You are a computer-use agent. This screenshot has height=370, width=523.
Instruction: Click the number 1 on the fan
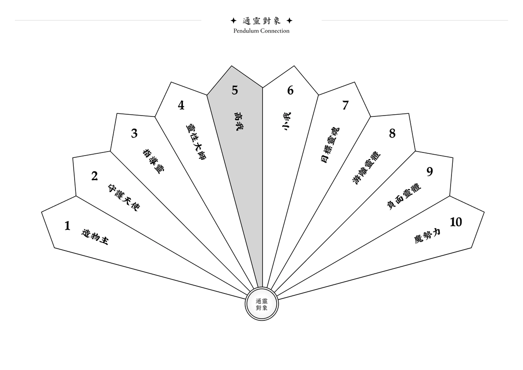[68, 226]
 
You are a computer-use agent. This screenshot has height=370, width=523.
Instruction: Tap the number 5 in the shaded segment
[235, 90]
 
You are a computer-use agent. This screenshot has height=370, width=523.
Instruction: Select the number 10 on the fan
[455, 222]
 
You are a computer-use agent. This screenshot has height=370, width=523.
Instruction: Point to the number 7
[345, 105]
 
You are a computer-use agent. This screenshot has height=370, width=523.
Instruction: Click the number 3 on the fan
[134, 134]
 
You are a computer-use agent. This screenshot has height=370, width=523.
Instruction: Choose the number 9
[430, 172]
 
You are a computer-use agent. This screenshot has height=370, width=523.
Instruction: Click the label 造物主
[95, 237]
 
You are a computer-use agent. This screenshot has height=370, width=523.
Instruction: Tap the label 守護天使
[123, 197]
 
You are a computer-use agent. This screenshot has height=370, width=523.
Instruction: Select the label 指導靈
[154, 161]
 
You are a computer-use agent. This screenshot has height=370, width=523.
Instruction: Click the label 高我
[237, 121]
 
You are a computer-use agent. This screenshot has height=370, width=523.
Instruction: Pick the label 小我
[286, 121]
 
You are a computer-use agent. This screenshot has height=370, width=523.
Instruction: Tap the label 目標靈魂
[330, 145]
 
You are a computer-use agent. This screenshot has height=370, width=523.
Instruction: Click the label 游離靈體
[366, 167]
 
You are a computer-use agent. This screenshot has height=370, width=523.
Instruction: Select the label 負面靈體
[404, 196]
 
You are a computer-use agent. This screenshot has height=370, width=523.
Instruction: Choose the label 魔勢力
[427, 236]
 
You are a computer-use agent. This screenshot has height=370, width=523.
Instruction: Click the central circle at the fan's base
[261, 304]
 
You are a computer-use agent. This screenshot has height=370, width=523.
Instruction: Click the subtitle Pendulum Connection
[261, 31]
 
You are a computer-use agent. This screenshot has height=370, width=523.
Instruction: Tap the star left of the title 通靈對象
[233, 21]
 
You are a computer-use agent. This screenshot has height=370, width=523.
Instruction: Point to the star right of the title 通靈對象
[290, 21]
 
